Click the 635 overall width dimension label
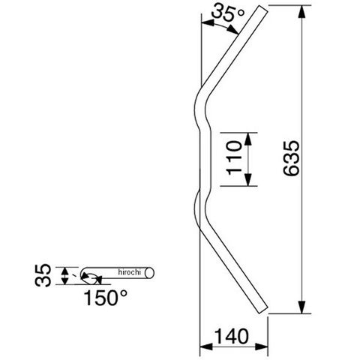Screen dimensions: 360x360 click(292, 158)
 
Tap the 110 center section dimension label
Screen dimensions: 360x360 click(234, 158)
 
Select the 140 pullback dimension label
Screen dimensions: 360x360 click(232, 336)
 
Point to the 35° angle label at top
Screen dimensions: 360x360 click(228, 12)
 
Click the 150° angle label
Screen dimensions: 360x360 click(105, 298)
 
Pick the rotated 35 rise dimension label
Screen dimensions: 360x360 click(43, 275)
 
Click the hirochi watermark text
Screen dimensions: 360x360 click(130, 272)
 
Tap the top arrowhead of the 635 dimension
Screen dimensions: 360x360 click(302, 11)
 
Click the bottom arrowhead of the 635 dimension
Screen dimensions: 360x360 click(302, 307)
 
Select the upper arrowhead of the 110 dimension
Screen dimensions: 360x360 click(247, 139)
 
